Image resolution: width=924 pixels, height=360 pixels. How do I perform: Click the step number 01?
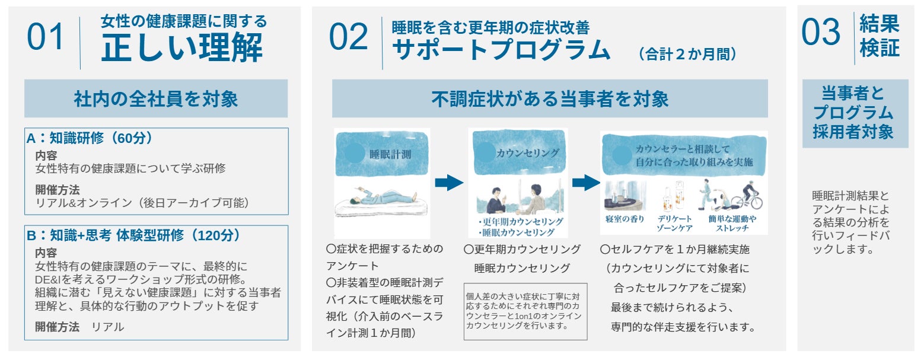point(45,37)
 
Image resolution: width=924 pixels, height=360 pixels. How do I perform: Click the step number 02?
point(348,37)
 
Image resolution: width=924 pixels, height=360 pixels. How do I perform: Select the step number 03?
point(821,32)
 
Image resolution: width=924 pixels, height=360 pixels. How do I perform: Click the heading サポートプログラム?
point(501,50)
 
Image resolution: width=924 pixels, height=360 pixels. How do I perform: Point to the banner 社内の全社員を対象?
point(156,99)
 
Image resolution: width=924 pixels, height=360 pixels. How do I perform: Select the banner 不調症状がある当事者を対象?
point(550,99)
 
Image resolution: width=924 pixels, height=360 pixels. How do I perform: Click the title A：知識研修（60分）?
point(90,138)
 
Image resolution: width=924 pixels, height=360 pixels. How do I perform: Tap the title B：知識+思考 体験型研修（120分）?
point(134,235)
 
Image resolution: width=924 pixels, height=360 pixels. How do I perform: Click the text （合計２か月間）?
point(687,55)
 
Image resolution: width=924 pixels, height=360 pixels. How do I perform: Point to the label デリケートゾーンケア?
point(674,223)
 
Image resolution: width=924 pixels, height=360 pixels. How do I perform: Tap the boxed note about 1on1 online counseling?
point(525,311)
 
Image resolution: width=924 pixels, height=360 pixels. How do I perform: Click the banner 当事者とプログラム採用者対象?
point(855,113)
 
